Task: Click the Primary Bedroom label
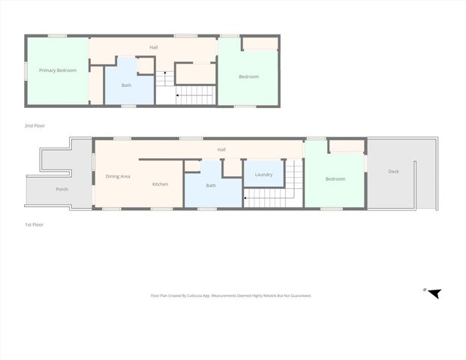pyautogui.click(x=58, y=70)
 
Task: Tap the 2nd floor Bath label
pyautogui.click(x=127, y=85)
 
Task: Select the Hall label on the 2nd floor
pyautogui.click(x=153, y=47)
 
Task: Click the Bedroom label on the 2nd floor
pyautogui.click(x=249, y=76)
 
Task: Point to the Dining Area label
pyautogui.click(x=118, y=176)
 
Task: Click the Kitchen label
pyautogui.click(x=160, y=184)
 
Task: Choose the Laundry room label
pyautogui.click(x=263, y=175)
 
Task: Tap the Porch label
pyautogui.click(x=62, y=189)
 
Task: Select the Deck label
pyautogui.click(x=394, y=172)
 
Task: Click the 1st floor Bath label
pyautogui.click(x=211, y=185)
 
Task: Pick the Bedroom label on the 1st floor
pyautogui.click(x=335, y=178)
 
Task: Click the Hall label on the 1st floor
pyautogui.click(x=221, y=149)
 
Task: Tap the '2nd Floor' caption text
pyautogui.click(x=35, y=125)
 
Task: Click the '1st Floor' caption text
pyautogui.click(x=34, y=224)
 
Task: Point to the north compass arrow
pyautogui.click(x=432, y=292)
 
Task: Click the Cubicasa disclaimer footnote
pyautogui.click(x=231, y=296)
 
